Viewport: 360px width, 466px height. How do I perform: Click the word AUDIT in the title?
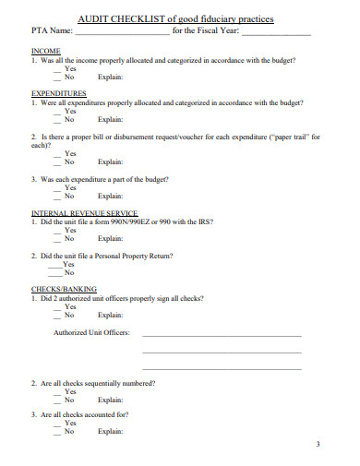[92, 18]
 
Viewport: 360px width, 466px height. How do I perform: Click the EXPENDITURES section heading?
[58, 93]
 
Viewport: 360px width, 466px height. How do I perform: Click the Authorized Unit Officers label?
[91, 332]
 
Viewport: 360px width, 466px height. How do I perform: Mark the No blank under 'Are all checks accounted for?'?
[58, 431]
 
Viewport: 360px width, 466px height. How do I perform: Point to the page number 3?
[317, 445]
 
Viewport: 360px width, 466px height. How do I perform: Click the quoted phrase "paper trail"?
[286, 137]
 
